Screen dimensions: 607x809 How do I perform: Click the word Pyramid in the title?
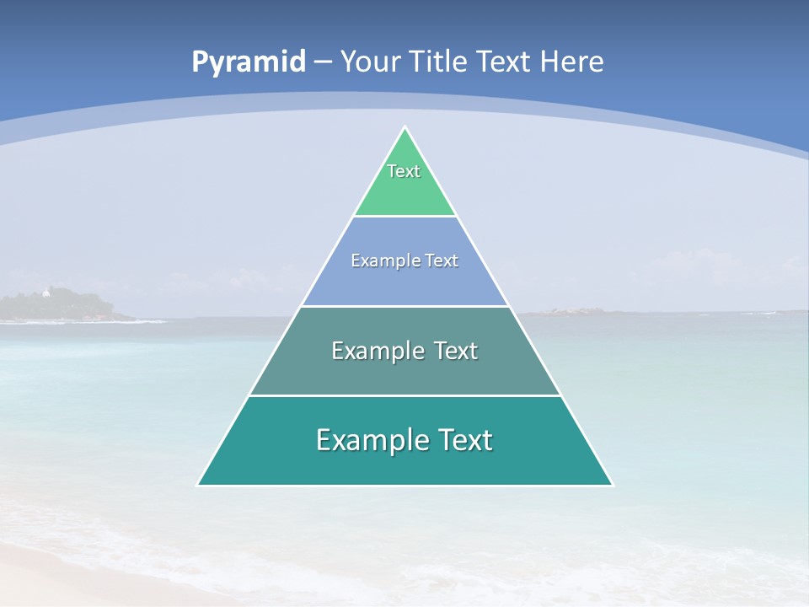(x=249, y=62)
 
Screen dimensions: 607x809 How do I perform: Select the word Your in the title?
(x=370, y=62)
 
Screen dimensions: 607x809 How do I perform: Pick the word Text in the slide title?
(x=504, y=62)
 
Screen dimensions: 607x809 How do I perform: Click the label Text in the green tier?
(x=404, y=171)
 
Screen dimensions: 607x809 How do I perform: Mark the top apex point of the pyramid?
(x=405, y=127)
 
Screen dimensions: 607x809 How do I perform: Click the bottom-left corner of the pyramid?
(x=198, y=485)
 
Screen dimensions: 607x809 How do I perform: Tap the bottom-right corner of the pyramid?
(x=612, y=485)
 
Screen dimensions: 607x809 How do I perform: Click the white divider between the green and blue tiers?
(x=405, y=217)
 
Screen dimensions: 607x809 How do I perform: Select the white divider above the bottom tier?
(x=405, y=395)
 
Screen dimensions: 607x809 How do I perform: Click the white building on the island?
(x=46, y=293)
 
